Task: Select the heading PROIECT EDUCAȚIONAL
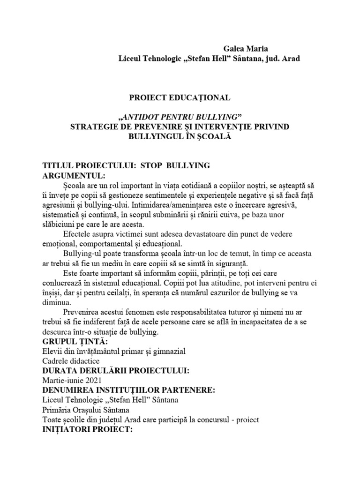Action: click(180, 97)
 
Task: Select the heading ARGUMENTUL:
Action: click(71, 176)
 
